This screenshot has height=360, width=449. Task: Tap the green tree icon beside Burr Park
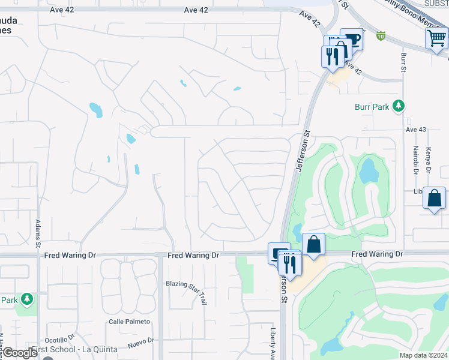click(397, 106)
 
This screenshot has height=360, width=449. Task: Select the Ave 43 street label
click(415, 130)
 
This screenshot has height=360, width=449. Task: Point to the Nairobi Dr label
click(415, 160)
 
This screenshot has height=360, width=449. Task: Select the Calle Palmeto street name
click(128, 322)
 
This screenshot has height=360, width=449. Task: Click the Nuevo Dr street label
click(140, 343)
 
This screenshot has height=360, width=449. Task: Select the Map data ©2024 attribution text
click(423, 355)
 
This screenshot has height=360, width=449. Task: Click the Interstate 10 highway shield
click(381, 36)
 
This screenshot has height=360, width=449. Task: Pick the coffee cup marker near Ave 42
click(352, 40)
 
